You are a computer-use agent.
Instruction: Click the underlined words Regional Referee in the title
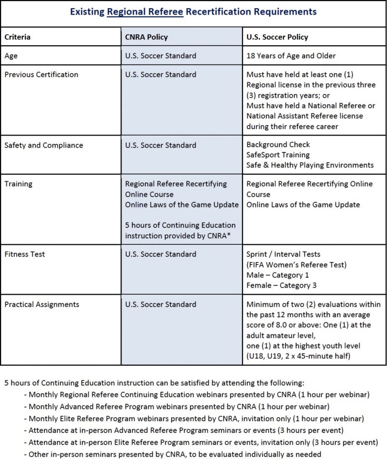(x=145, y=11)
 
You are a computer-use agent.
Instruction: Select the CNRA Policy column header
(x=146, y=37)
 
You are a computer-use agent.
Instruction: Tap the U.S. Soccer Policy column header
(x=277, y=37)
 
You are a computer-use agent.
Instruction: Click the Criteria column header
(x=18, y=37)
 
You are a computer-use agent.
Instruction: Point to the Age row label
(x=11, y=56)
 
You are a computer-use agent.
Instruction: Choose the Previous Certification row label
(x=41, y=75)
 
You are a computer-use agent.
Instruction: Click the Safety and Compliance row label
(x=44, y=145)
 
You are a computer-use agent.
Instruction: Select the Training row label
(x=18, y=184)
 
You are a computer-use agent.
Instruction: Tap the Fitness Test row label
(x=25, y=254)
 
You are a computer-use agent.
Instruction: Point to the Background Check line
(x=278, y=145)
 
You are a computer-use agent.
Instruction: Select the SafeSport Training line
(x=278, y=155)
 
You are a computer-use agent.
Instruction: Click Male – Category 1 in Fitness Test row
(x=278, y=275)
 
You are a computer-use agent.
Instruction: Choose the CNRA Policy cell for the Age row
(x=161, y=56)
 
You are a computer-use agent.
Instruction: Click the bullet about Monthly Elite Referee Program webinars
(x=196, y=418)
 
